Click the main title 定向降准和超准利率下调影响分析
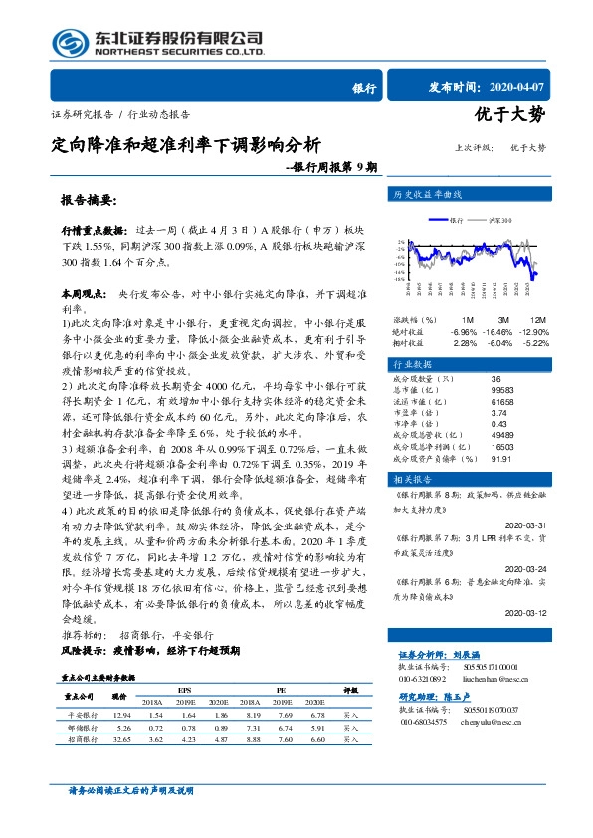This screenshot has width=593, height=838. click(186, 144)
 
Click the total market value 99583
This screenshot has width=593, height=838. click(506, 390)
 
